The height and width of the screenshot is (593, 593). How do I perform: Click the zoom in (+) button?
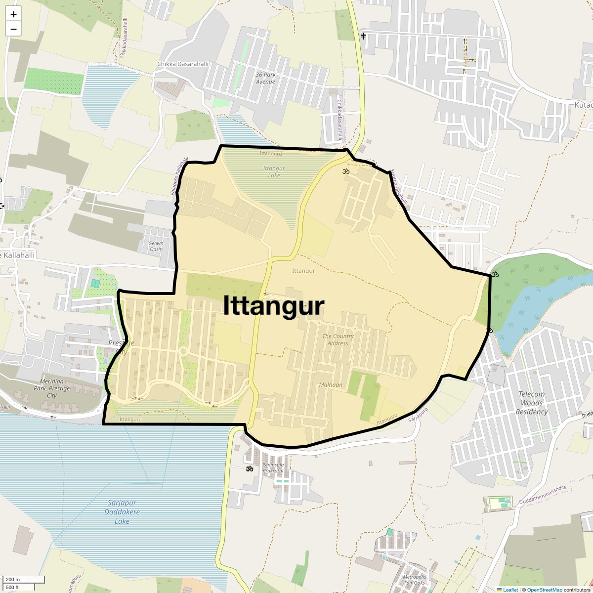pos(13,14)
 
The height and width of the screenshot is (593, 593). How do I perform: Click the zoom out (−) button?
pos(13,29)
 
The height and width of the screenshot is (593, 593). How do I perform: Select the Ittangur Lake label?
pos(274,172)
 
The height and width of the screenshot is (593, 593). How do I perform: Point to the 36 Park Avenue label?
pos(265,78)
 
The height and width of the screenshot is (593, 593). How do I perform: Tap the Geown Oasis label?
pos(156,246)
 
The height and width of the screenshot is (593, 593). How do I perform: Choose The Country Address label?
pos(338,339)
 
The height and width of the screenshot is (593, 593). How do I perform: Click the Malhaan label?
pos(331,385)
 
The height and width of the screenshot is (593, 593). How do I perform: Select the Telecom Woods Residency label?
pos(532,403)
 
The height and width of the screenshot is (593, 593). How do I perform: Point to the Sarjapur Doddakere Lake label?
pos(122,512)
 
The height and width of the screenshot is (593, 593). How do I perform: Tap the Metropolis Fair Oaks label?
pos(414,580)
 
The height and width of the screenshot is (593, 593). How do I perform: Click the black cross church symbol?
pos(363,36)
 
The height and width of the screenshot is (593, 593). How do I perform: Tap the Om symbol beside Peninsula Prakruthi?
pos(250,468)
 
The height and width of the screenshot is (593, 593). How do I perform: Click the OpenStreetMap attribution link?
pos(544,590)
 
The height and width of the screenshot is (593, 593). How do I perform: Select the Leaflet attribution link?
pos(510,590)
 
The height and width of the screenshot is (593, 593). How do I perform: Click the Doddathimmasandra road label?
pos(542,495)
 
